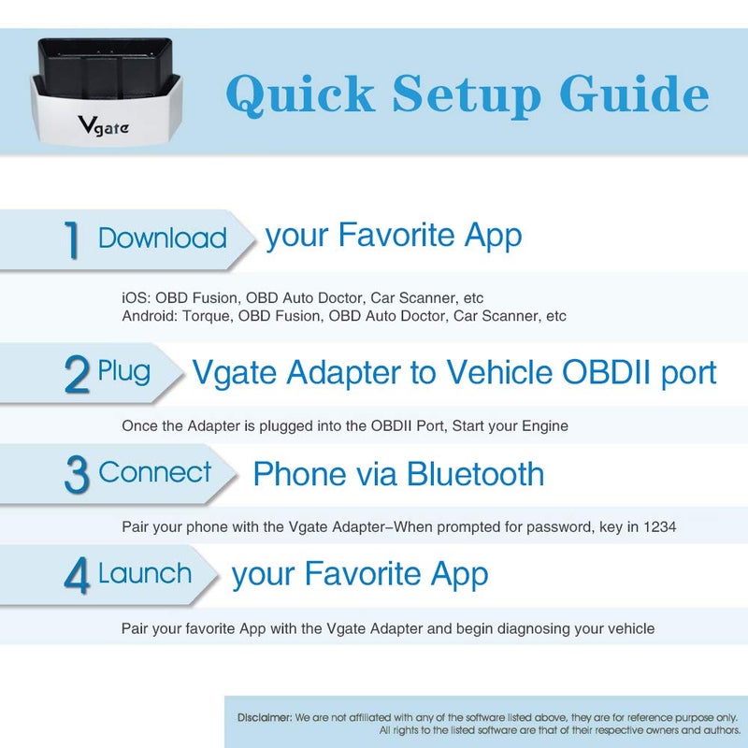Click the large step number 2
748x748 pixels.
[77, 374]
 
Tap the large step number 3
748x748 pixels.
[77, 474]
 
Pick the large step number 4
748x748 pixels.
[77, 575]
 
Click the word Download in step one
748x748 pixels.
[163, 237]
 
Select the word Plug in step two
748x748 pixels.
[123, 372]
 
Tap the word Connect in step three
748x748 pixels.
[155, 472]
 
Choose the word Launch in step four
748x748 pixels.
[145, 573]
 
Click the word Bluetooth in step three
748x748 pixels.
[475, 474]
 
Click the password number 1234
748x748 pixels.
[659, 527]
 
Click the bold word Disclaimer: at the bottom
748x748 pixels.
[264, 717]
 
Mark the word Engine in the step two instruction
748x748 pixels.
[545, 425]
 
